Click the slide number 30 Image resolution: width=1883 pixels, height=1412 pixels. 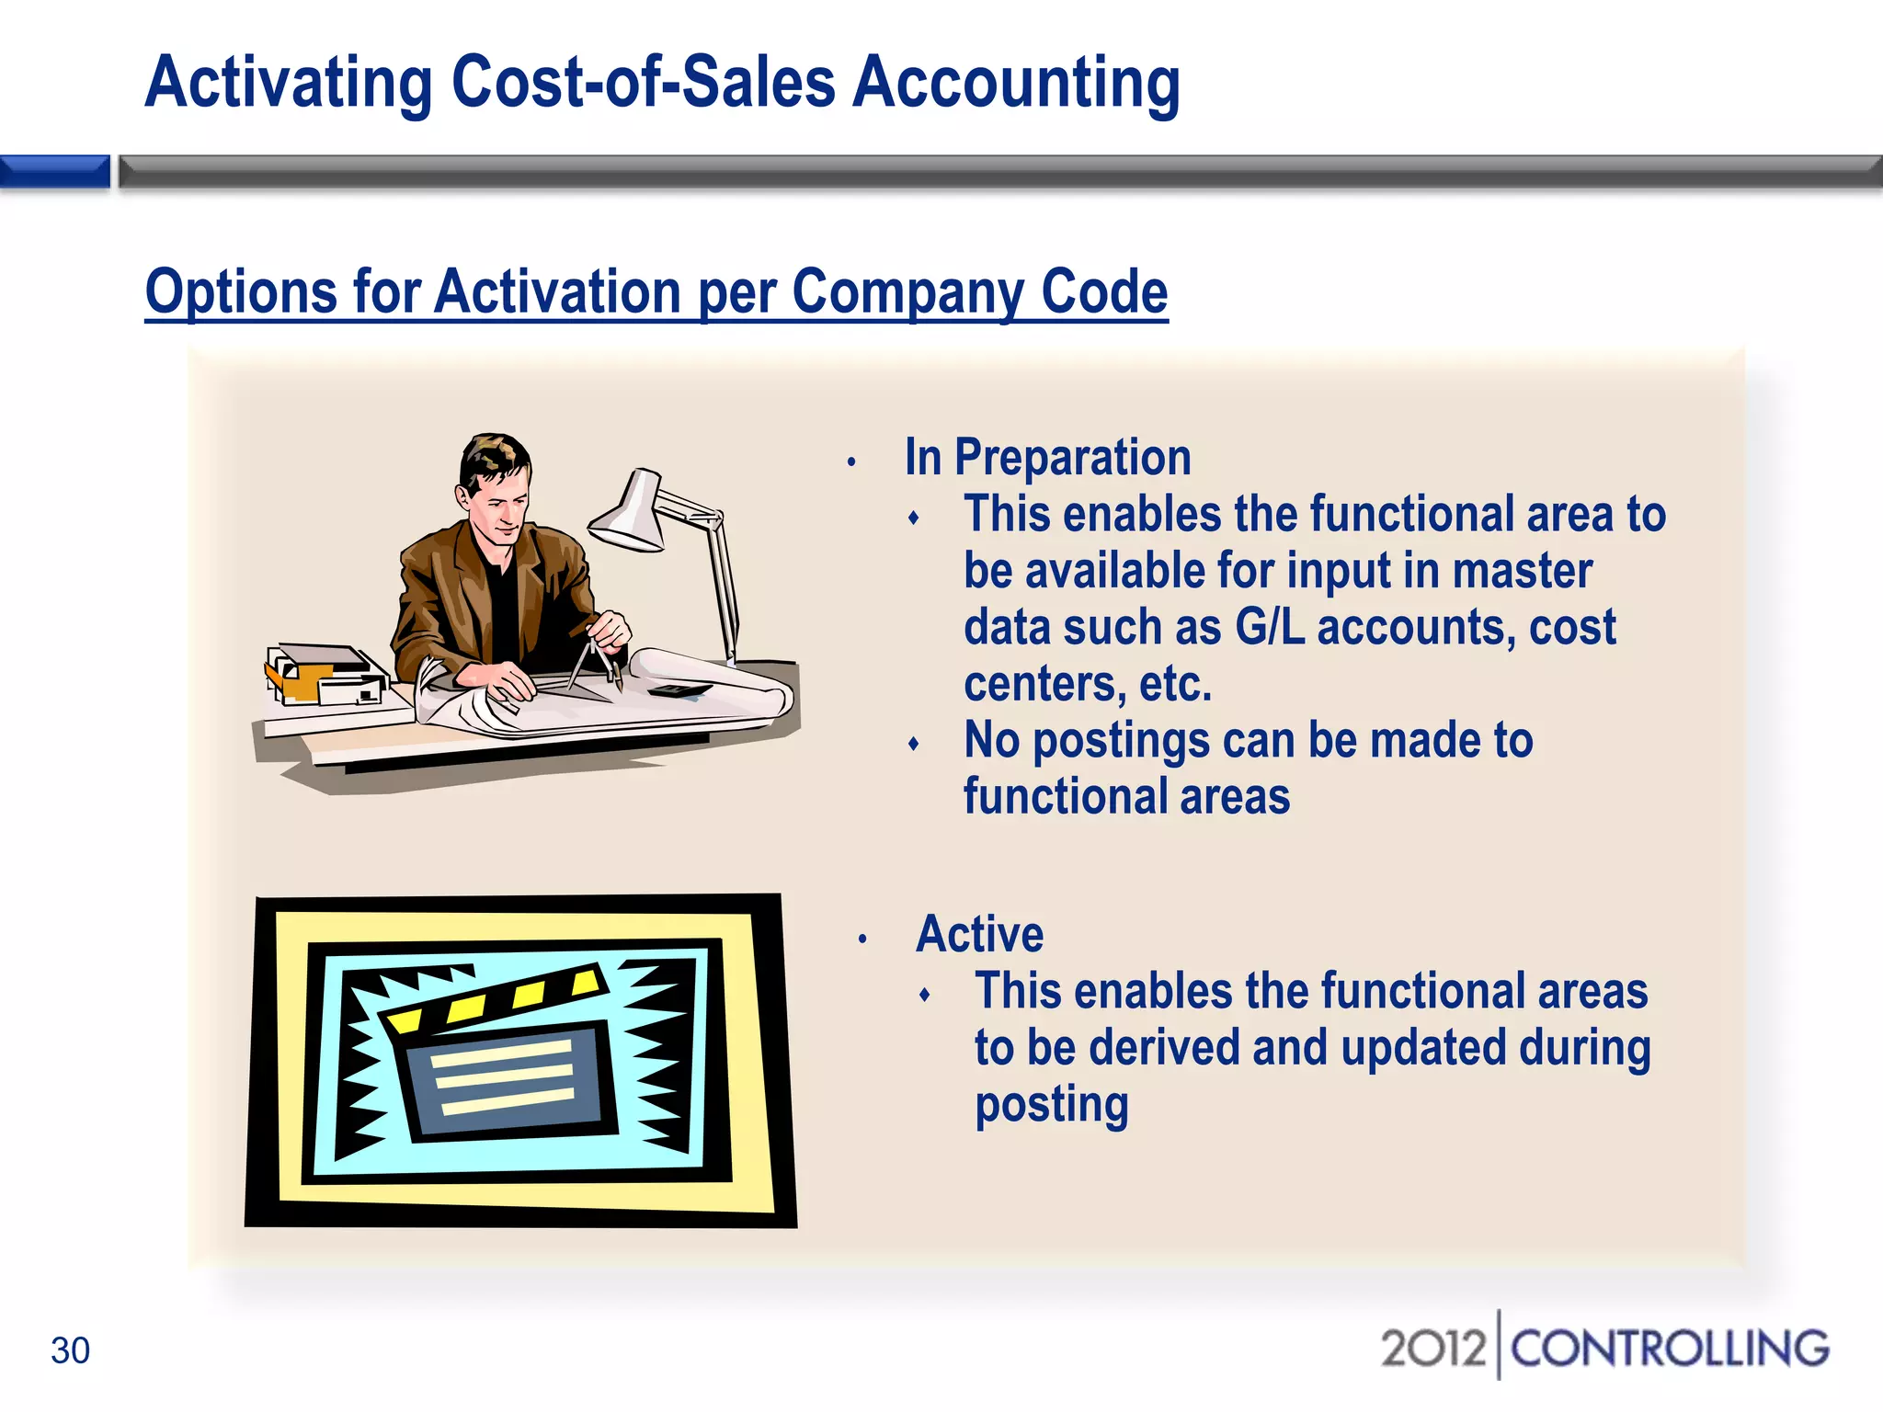70,1350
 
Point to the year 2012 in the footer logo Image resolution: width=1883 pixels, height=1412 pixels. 1432,1349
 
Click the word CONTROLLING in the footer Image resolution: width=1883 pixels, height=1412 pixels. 1670,1349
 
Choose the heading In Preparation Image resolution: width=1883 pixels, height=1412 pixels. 1047,458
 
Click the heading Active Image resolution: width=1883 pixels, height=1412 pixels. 980,935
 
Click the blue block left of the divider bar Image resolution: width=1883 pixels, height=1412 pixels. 55,172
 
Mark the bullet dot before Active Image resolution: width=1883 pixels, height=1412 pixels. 862,939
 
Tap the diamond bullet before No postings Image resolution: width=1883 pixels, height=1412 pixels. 913,744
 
